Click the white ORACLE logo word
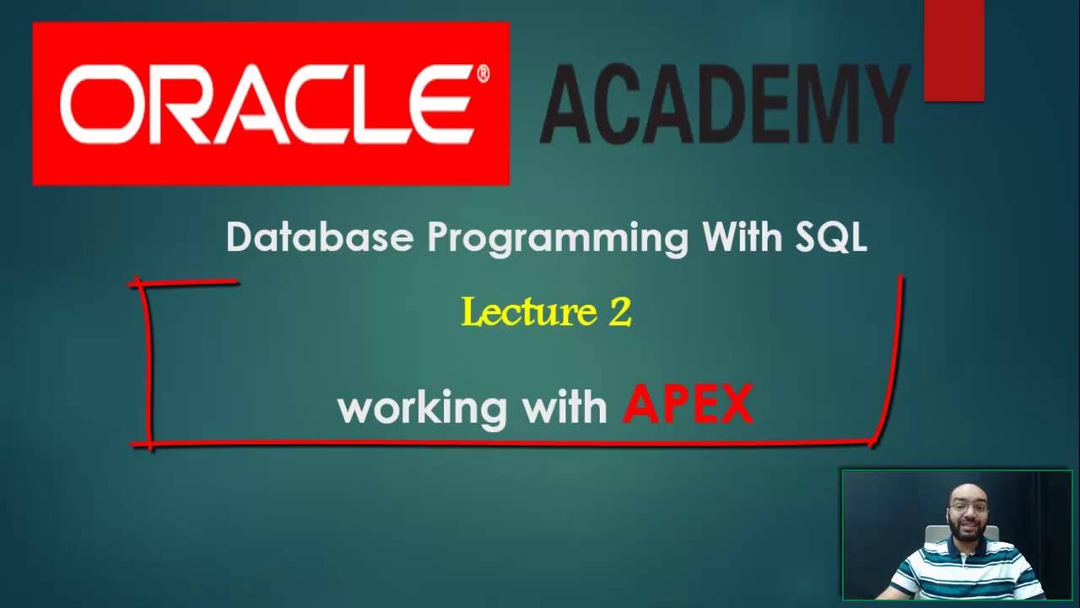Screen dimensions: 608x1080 pyautogui.click(x=265, y=105)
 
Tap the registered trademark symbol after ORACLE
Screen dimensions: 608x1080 pyautogui.click(x=483, y=74)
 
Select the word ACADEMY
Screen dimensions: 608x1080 pyautogui.click(x=724, y=105)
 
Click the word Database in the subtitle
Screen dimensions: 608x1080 pyautogui.click(x=320, y=238)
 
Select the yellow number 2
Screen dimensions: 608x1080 pyautogui.click(x=619, y=313)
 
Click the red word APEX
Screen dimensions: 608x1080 pyautogui.click(x=688, y=405)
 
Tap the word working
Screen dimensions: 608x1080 pyautogui.click(x=422, y=409)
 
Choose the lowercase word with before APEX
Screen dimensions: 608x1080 pyautogui.click(x=564, y=407)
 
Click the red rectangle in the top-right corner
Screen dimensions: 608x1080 pyautogui.click(x=953, y=51)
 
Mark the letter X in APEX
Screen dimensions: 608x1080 pyautogui.click(x=732, y=405)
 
